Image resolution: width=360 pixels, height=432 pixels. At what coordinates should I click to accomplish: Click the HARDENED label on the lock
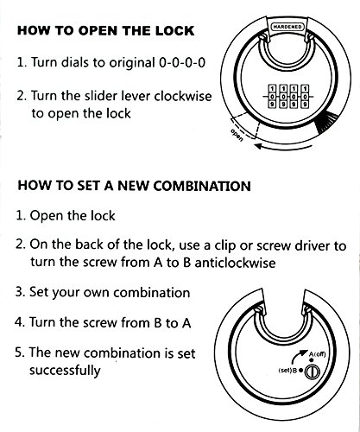[x=287, y=27]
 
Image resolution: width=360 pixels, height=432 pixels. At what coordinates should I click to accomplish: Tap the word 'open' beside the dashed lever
[x=237, y=136]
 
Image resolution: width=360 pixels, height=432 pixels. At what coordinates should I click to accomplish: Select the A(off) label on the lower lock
[x=318, y=353]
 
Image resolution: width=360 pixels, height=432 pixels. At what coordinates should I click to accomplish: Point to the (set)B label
[x=287, y=370]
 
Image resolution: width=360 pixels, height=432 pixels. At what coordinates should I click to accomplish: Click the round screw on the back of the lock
[x=312, y=372]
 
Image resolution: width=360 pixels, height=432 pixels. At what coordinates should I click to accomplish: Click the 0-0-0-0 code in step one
[x=182, y=62]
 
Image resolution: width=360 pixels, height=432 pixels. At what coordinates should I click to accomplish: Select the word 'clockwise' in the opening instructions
[x=183, y=96]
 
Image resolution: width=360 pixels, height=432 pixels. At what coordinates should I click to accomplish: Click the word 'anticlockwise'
[x=235, y=263]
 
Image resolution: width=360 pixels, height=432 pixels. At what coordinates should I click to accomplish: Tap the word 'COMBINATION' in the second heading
[x=202, y=186]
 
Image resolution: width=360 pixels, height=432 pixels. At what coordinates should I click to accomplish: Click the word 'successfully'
[x=65, y=370]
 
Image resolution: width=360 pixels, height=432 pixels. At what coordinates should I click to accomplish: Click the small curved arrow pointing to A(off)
[x=298, y=357]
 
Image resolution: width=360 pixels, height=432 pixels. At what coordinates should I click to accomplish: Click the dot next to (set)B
[x=300, y=370]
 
